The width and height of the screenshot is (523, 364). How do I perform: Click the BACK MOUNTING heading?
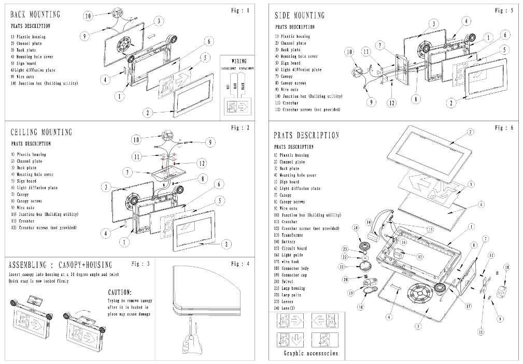click(35, 14)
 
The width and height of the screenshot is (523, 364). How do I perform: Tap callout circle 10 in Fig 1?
click(88, 16)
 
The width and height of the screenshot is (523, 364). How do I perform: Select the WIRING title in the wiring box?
click(238, 61)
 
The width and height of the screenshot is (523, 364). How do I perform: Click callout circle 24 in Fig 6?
click(356, 227)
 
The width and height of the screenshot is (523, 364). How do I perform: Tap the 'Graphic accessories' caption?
click(310, 354)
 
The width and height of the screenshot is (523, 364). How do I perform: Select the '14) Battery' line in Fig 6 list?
click(288, 242)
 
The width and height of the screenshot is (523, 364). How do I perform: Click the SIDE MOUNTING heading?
click(300, 16)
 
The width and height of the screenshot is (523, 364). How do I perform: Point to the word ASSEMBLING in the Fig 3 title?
click(31, 265)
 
